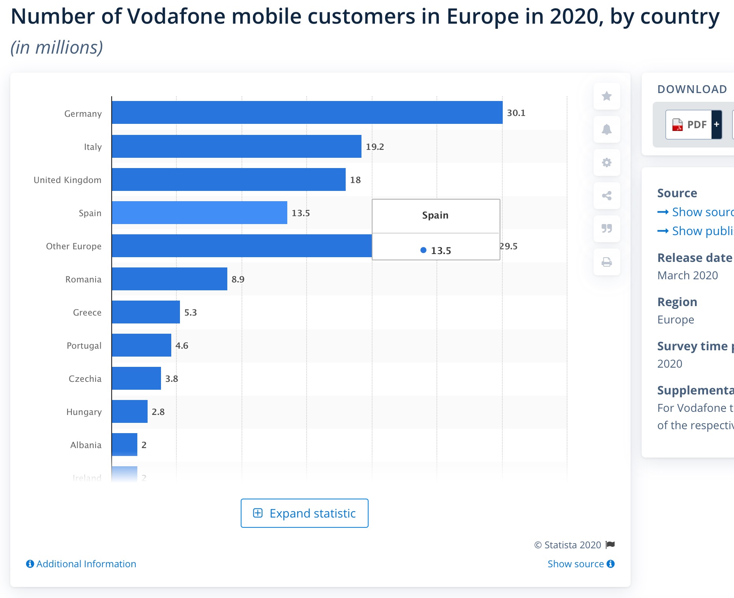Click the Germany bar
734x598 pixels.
click(307, 112)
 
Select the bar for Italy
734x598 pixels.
click(236, 146)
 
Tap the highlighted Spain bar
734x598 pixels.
click(199, 213)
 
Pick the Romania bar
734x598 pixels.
click(169, 279)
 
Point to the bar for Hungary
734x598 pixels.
click(129, 411)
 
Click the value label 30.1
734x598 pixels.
click(516, 113)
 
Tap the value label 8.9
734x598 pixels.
click(238, 280)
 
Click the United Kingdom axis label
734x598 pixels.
click(67, 180)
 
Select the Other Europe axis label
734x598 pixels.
click(74, 247)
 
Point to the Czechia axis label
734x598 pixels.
click(85, 379)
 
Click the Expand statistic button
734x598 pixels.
click(304, 513)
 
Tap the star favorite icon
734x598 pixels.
click(607, 96)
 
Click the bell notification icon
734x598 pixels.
click(607, 129)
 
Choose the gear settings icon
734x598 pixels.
click(607, 163)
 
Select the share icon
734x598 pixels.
click(607, 196)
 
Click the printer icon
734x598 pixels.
click(607, 262)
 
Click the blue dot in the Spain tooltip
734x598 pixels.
click(423, 250)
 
